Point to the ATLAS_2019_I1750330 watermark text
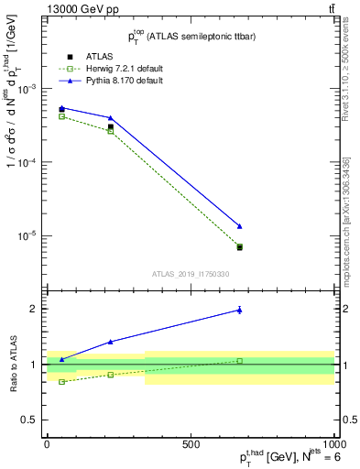pyautogui.click(x=190, y=274)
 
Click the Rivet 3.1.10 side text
pyautogui.click(x=345, y=74)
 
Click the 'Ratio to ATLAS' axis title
pyautogui.click(x=12, y=364)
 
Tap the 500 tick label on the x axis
pyautogui.click(x=191, y=444)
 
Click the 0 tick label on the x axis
pyautogui.click(x=47, y=444)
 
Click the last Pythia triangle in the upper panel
pyautogui.click(x=239, y=226)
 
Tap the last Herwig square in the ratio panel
pyautogui.click(x=239, y=361)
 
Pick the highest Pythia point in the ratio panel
pyautogui.click(x=239, y=310)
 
